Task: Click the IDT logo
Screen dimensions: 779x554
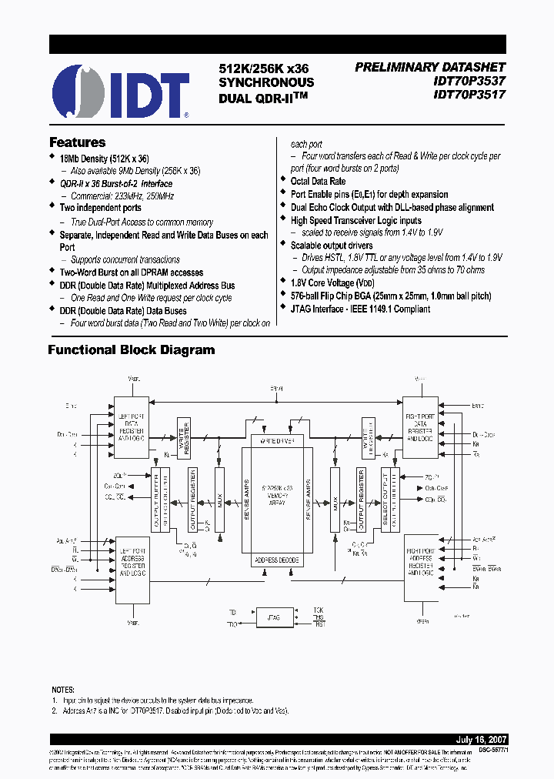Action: coord(120,92)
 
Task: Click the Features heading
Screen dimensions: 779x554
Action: coord(77,142)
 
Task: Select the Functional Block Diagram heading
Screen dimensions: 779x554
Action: coord(132,350)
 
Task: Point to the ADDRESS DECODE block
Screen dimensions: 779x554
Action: coord(277,560)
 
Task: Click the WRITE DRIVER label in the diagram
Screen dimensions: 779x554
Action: coord(277,440)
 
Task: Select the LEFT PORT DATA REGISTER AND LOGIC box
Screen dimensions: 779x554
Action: coord(132,430)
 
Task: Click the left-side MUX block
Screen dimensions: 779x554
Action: coord(220,500)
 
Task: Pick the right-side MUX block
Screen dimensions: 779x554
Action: coord(335,500)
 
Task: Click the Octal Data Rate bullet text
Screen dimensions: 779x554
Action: coord(318,182)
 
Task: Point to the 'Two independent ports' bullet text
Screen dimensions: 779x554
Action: coord(100,208)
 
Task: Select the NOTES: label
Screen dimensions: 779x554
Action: coord(63,690)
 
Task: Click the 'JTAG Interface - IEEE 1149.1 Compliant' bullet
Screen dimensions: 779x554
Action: coord(360,309)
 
